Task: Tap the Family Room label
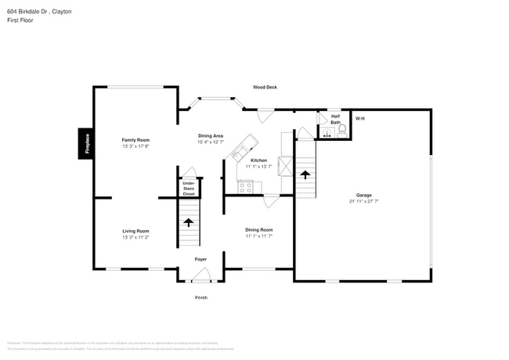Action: [x=135, y=140]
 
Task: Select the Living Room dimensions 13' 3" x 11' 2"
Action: [x=135, y=237]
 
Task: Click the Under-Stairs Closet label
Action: [x=189, y=188]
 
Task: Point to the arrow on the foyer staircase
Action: [x=188, y=222]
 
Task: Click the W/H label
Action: [x=360, y=118]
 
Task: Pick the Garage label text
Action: [x=364, y=195]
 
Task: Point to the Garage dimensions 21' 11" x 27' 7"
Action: [x=364, y=201]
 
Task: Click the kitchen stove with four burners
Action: [x=246, y=186]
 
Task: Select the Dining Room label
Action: [x=258, y=229]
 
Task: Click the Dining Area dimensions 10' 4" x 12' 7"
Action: [x=211, y=142]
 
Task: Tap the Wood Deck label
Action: [x=265, y=87]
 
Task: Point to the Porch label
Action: [x=201, y=298]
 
